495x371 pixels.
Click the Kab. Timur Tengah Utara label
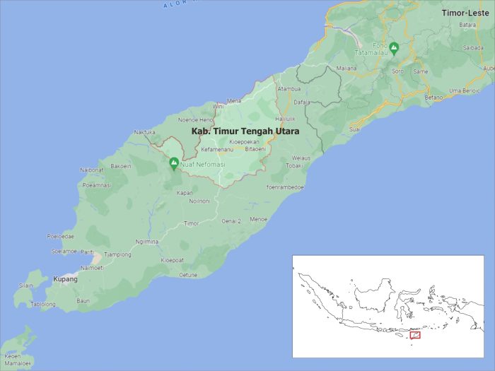pos(245,131)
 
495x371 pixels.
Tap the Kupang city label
pos(64,279)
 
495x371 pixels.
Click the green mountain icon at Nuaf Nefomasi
pos(174,164)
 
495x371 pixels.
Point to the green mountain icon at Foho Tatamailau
pos(395,48)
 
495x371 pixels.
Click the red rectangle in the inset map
pos(415,334)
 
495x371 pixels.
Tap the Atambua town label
pos(289,89)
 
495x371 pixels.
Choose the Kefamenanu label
pos(217,149)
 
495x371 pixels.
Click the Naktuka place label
pos(144,131)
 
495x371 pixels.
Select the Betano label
pos(433,97)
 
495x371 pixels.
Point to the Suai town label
pos(356,129)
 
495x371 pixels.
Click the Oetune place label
pos(187,274)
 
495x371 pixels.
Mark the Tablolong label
pos(42,304)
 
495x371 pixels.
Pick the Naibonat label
pos(92,170)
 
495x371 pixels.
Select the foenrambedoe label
pos(285,187)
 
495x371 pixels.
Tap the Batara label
pos(467,25)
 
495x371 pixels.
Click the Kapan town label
pos(185,192)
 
